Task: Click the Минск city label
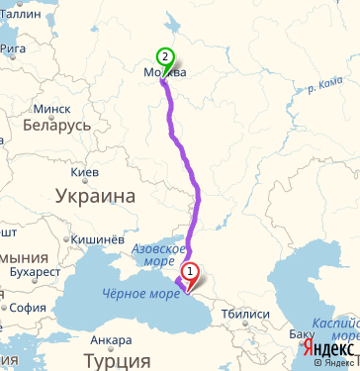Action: coord(51,108)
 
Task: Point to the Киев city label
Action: coord(86,172)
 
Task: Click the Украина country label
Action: coord(95,197)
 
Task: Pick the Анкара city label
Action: coord(111,341)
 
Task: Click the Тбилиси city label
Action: coord(246,314)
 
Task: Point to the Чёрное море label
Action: coord(137,293)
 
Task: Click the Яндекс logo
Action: coord(329,349)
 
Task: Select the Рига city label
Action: coord(13,46)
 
